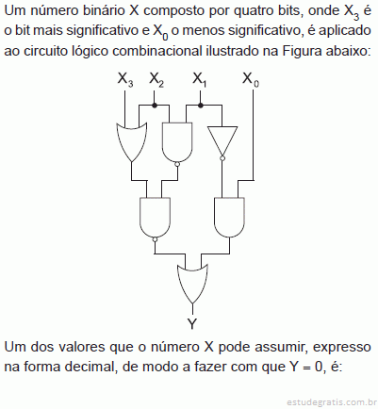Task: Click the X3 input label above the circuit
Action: (125, 79)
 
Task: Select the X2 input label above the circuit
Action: (156, 79)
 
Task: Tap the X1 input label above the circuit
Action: (199, 79)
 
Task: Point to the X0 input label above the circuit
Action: (251, 79)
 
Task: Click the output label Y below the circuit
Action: (192, 323)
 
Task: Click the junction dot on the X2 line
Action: (154, 106)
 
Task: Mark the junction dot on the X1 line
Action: (201, 106)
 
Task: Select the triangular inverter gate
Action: (222, 142)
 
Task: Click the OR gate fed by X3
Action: (132, 142)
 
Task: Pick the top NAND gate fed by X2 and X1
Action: (177, 142)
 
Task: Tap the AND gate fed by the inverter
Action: (229, 218)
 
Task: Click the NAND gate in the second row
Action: (155, 218)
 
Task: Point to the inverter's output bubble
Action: (222, 158)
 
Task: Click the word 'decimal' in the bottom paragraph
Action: (94, 367)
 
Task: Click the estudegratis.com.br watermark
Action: (332, 402)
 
